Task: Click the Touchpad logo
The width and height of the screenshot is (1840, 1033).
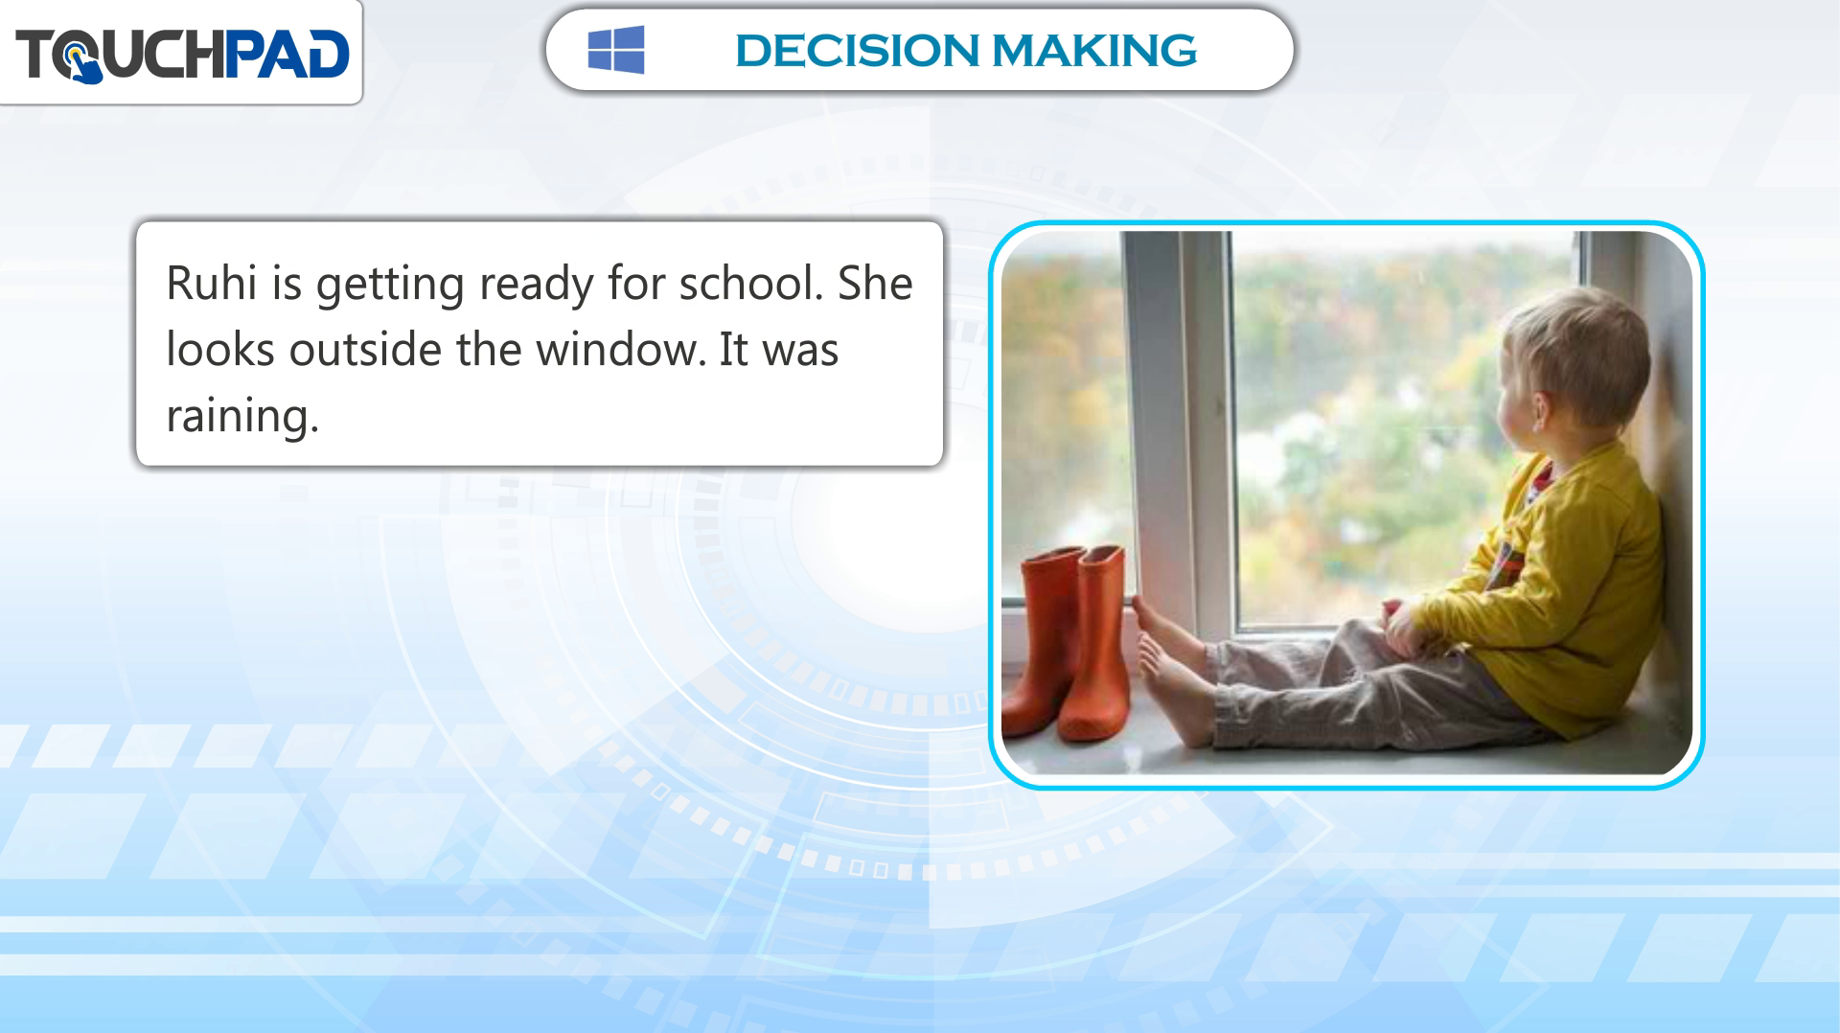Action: (x=182, y=55)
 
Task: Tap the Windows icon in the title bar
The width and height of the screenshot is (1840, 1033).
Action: (x=616, y=50)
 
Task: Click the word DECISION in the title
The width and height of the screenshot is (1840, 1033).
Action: (x=857, y=51)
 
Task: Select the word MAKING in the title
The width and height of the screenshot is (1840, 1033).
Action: (x=1094, y=51)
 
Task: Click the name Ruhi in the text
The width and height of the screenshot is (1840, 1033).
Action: (x=212, y=284)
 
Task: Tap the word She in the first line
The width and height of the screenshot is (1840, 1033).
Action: (x=875, y=284)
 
